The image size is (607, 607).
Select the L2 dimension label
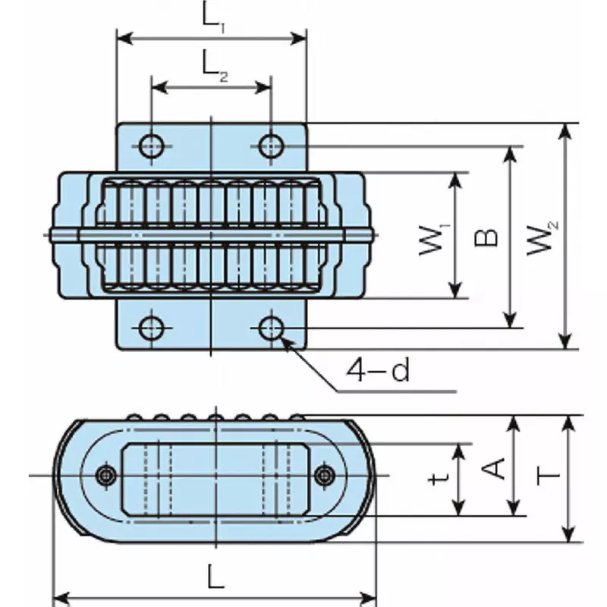click(215, 66)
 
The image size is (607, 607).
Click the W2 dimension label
click(542, 237)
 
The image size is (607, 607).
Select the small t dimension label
click(435, 480)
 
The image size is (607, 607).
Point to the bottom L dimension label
click(215, 579)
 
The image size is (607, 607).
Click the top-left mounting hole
click(151, 144)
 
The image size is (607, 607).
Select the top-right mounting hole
click(271, 144)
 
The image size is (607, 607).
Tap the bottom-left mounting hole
click(151, 328)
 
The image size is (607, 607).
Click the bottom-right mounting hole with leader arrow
click(271, 328)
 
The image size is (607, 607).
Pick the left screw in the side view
click(105, 476)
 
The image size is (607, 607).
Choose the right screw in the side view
click(326, 476)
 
